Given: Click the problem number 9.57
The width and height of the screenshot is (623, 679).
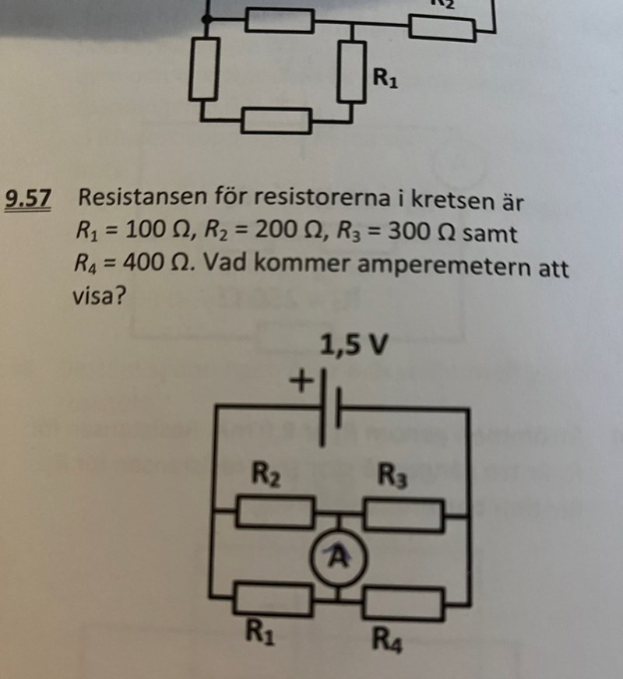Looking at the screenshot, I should pos(28,200).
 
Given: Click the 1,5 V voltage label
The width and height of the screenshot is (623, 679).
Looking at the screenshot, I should pos(353,346).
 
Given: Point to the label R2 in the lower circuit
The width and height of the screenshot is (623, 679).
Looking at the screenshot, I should pos(264,473).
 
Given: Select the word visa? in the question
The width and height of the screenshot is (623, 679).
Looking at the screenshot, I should pos(99,297).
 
